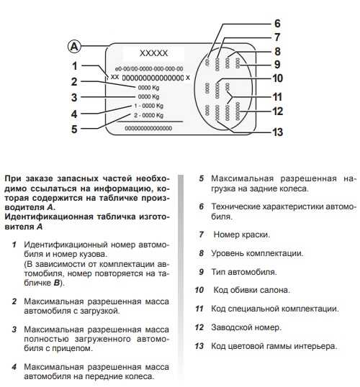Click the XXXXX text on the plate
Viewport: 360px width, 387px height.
153,53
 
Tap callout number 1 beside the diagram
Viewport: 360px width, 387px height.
74,65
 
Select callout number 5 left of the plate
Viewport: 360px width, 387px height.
74,130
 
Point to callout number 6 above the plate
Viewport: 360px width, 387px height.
277,23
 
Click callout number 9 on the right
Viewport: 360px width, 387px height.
277,65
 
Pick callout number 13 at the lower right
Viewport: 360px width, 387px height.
277,132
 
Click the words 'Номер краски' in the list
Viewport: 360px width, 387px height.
241,235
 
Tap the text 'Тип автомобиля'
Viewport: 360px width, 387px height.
243,272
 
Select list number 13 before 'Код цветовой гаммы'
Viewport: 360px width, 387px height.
200,346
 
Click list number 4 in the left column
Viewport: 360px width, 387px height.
14,367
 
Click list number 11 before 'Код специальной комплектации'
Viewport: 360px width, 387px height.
200,309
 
